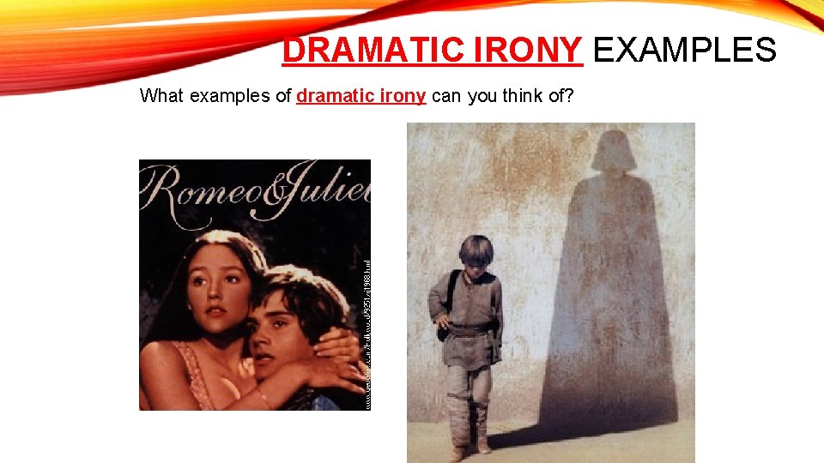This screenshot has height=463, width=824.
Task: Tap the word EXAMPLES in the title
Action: tap(684, 51)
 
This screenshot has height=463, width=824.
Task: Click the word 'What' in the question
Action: tap(161, 96)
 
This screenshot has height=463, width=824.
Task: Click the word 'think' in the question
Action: tap(526, 96)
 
